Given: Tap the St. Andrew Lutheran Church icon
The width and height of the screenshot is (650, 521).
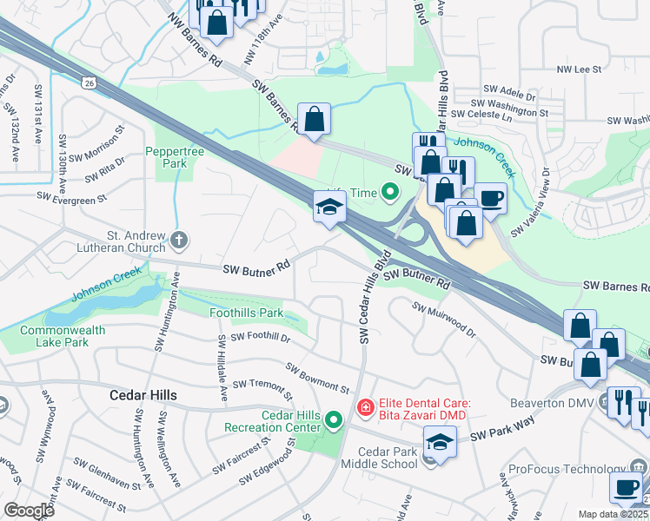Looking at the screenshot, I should point(179,240).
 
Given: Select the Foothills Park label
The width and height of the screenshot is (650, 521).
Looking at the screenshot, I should point(247,313).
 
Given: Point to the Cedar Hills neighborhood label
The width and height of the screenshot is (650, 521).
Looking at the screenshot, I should point(143,395).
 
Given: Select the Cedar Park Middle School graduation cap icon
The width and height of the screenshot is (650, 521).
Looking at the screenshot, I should point(440,444).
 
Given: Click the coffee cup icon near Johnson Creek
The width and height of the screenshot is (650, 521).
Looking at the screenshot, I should point(490,197).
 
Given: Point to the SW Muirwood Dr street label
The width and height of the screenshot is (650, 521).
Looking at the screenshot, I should point(444,320).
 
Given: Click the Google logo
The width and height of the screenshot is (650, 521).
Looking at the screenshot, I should point(29,511).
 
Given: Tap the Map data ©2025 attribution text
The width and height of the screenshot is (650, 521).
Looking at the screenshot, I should point(614,514).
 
